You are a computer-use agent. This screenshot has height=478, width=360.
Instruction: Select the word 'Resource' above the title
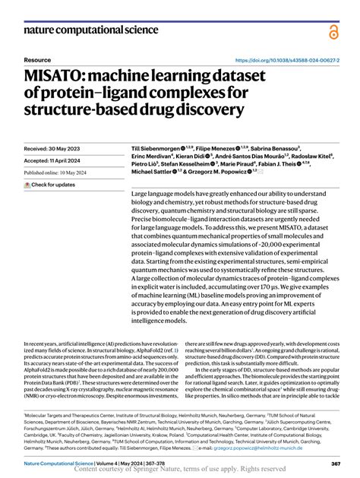[38, 59]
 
